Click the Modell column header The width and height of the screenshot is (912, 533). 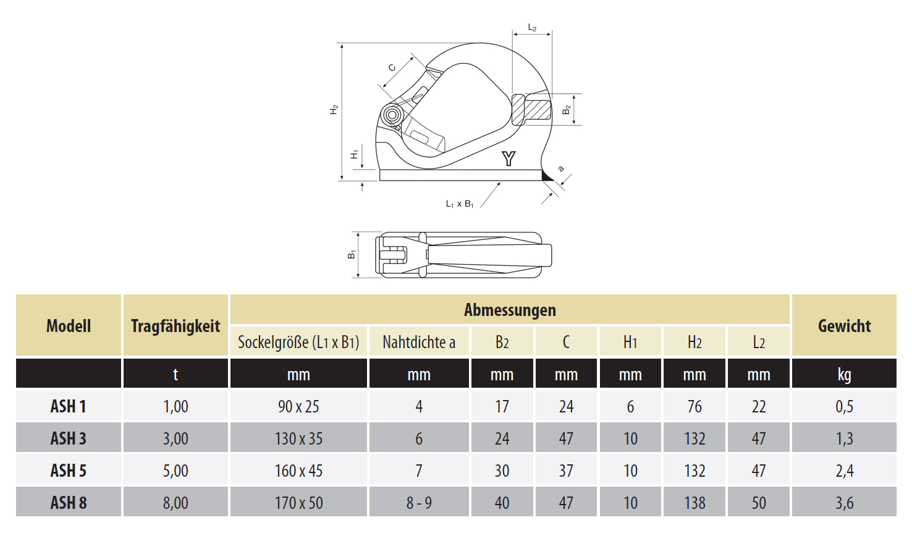point(69,326)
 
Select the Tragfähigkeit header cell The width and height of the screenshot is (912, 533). point(175,326)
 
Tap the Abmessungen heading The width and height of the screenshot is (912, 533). point(510,310)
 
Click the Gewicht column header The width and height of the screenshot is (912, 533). point(844,326)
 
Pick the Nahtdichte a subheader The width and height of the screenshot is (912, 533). point(419,342)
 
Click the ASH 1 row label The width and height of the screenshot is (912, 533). point(69,406)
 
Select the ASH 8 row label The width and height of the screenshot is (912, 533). point(69,503)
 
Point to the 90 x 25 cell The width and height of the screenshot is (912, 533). point(298,406)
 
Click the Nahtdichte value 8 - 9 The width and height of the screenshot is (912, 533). point(419,503)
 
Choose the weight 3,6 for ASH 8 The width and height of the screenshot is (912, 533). point(844,503)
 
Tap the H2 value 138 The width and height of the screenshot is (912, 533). point(695,503)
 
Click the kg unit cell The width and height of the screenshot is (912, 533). point(844,375)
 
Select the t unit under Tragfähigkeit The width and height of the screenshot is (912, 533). point(175,374)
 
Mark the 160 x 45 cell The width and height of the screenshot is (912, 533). point(298,471)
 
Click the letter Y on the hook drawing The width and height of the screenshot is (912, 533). point(509,158)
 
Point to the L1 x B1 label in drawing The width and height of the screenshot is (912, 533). point(459,204)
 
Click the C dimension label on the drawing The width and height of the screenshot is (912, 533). point(392,67)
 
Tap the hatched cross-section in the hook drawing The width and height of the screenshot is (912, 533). point(531,110)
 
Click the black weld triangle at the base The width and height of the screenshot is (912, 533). point(547,176)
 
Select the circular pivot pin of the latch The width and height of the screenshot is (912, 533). point(392,115)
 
